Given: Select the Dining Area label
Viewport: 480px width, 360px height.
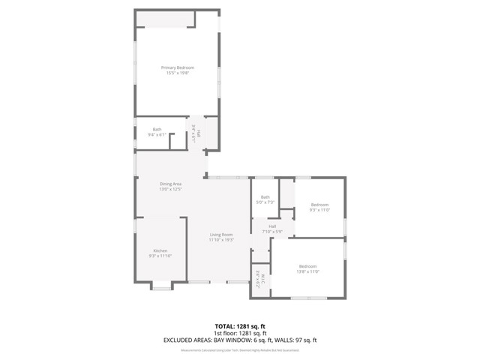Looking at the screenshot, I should coord(170,184).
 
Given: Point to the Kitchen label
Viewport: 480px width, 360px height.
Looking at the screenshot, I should coord(160,250).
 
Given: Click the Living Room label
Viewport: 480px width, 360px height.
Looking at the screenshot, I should coord(221,235).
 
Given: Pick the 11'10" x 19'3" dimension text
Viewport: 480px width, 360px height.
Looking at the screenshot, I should coord(221,240).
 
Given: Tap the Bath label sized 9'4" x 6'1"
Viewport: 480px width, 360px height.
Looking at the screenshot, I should coord(157,129).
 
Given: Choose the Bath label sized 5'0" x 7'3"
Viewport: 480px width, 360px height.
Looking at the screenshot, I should coord(265,197).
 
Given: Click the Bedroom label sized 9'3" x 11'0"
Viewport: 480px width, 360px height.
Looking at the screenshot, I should coord(320,205).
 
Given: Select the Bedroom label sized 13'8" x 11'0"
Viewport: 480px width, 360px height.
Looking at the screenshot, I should coord(308,266).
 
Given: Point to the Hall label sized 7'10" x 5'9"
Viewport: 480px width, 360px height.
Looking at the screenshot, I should coord(273,226).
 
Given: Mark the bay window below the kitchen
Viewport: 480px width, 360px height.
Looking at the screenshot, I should coord(161,285).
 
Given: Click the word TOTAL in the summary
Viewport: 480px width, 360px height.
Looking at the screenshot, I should coord(226,326).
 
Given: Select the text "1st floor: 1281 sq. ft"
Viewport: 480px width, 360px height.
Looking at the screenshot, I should coord(240,333).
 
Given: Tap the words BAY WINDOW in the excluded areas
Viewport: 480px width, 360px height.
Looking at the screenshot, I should coord(234,340).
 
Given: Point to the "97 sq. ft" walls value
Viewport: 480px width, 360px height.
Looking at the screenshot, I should coord(305,340).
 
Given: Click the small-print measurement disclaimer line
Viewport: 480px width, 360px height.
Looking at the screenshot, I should coord(240,349).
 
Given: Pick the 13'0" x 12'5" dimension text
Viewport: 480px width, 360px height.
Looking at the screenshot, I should coord(170,189).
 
